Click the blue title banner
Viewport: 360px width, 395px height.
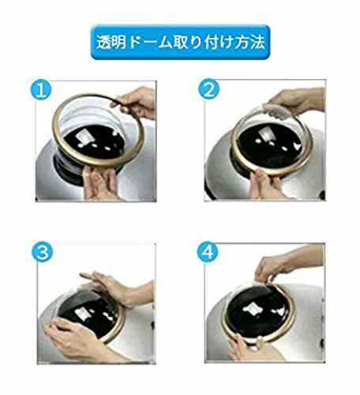(x=180, y=42)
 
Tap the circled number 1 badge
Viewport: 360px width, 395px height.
(x=40, y=90)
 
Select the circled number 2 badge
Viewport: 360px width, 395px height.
(x=208, y=89)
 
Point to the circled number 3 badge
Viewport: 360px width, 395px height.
(x=43, y=251)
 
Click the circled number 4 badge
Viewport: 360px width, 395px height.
(x=208, y=251)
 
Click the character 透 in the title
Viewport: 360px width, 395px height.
(x=104, y=42)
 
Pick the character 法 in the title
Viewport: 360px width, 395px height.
(x=257, y=42)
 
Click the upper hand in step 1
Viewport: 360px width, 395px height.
(x=134, y=102)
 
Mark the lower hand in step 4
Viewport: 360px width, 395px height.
(x=250, y=348)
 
